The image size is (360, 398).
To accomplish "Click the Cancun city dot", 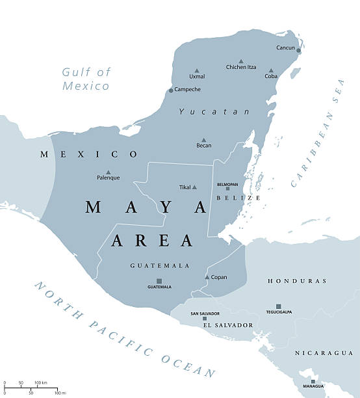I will click(x=299, y=50).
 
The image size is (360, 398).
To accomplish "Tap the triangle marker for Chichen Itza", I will click(x=241, y=60).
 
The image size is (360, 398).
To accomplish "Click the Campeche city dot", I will click(x=171, y=90).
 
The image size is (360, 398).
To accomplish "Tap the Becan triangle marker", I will click(x=203, y=140).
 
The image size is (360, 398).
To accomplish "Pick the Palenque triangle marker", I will click(x=108, y=172).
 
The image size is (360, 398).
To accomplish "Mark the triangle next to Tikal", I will click(x=194, y=187).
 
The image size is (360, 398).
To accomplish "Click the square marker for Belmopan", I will click(x=227, y=189).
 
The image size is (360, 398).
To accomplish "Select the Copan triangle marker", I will click(x=207, y=278).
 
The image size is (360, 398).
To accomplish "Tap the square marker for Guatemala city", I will click(x=159, y=281).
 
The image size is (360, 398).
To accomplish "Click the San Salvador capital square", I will click(x=204, y=319).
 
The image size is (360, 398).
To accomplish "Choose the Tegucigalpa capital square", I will click(x=278, y=306).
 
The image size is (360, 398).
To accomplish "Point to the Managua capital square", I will click(x=313, y=382).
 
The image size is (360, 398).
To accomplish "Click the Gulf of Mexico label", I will click(x=86, y=79).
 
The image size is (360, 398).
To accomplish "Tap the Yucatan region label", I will click(x=214, y=112).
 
